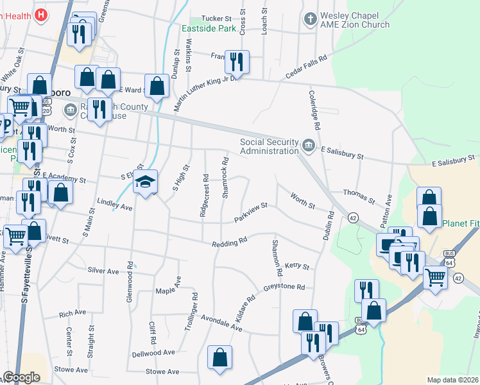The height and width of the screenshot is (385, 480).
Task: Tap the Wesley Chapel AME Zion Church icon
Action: [311, 19]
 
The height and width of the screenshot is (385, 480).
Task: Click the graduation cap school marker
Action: [145, 182]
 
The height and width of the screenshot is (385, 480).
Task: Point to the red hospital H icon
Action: [41, 14]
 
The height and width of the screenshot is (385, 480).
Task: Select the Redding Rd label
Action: [230, 243]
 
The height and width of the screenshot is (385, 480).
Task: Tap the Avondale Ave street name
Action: [221, 321]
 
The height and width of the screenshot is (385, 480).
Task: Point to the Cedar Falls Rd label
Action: [307, 67]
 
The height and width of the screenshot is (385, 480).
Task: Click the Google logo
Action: [22, 377]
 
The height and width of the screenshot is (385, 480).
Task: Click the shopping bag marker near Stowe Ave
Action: [220, 358]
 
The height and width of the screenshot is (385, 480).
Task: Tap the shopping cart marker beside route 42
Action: [435, 278]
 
